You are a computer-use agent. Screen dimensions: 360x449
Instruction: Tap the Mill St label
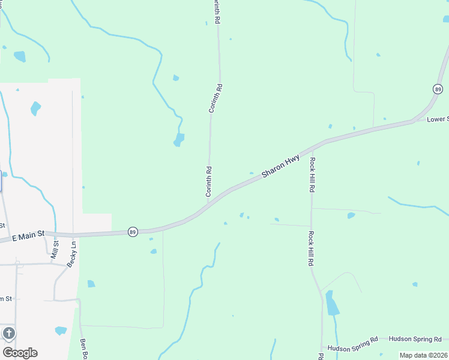(56, 249)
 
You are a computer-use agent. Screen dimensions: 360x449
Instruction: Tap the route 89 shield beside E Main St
(133, 232)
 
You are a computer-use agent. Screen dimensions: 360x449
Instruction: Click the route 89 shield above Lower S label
(438, 89)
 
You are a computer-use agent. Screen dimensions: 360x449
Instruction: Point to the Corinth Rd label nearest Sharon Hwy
(209, 181)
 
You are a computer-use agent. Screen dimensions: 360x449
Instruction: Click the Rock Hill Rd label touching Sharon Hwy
(312, 175)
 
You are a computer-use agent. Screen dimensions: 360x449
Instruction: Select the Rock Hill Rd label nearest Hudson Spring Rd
(312, 249)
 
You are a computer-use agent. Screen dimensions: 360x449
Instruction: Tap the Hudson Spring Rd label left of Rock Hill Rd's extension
(352, 340)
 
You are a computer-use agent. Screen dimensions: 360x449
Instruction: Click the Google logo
(20, 352)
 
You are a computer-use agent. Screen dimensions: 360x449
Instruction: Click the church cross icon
(8, 333)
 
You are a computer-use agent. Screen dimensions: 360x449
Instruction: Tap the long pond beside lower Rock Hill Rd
(331, 304)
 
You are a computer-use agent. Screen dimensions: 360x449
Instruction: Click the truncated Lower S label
(438, 119)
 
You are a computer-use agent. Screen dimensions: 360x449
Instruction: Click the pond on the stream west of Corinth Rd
(179, 140)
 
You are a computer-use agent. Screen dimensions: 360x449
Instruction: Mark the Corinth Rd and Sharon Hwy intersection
(209, 202)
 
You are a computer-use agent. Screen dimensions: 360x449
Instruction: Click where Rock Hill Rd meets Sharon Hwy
(312, 148)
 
